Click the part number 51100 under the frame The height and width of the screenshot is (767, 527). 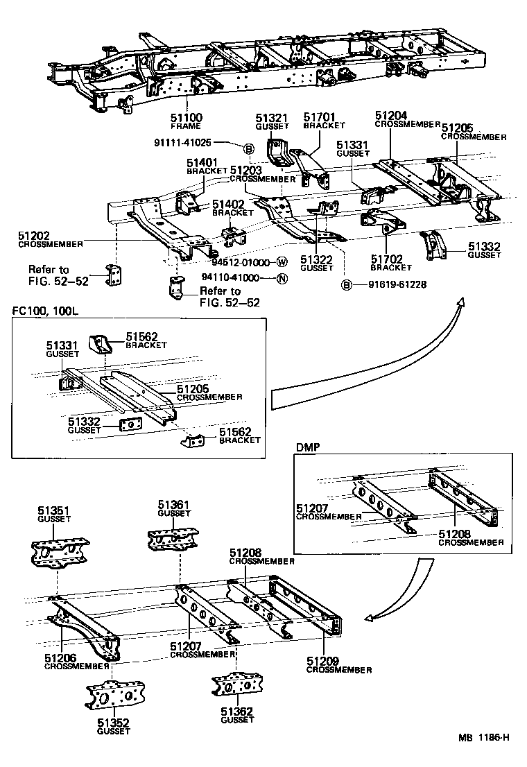click(x=186, y=119)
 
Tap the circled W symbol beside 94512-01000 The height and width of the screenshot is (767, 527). click(x=282, y=262)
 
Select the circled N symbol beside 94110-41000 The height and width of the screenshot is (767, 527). click(x=282, y=279)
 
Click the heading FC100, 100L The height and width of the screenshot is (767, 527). click(x=46, y=311)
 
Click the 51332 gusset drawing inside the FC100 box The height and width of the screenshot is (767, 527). click(x=130, y=424)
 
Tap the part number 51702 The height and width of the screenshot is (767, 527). click(x=386, y=259)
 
